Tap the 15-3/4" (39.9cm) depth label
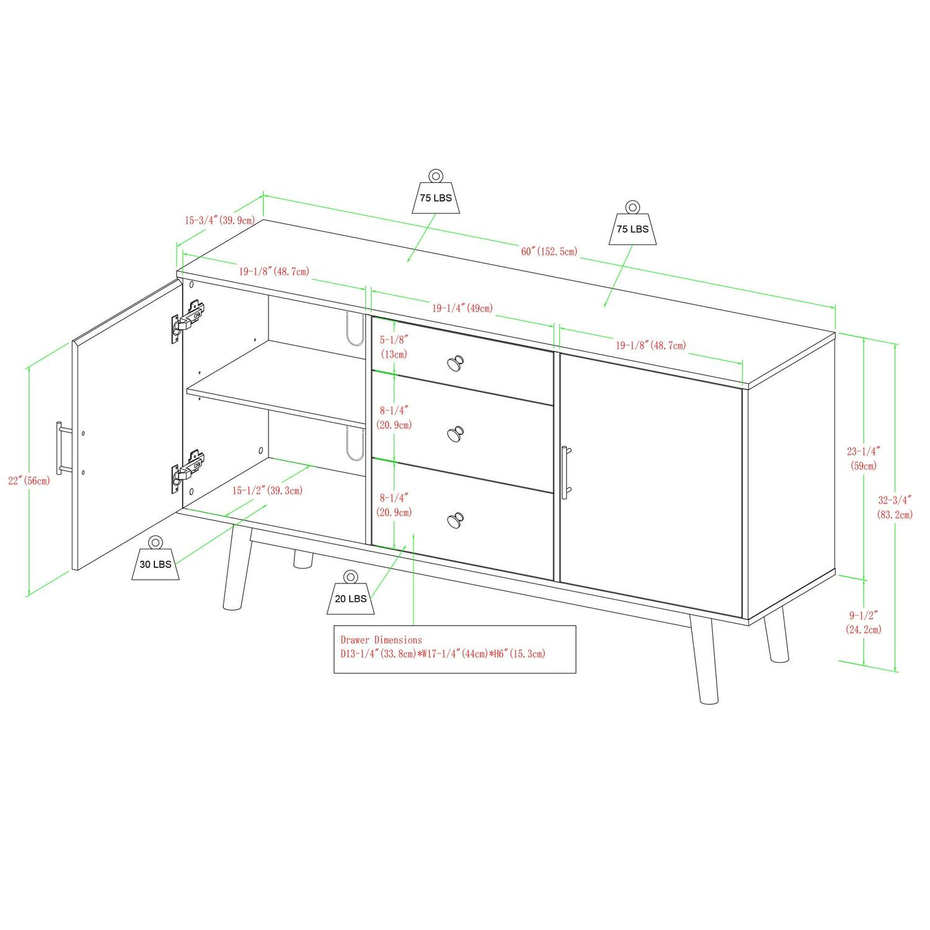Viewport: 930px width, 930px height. pos(219,220)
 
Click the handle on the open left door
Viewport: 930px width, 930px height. pos(60,448)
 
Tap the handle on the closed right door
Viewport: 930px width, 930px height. pos(565,472)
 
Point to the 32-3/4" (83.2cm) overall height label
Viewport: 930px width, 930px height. pos(895,507)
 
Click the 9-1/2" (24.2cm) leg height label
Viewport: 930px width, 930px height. pos(864,622)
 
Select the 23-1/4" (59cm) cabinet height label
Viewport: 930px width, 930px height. pos(863,459)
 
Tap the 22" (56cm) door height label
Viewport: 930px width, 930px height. pos(29,480)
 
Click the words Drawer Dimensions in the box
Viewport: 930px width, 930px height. pos(381,640)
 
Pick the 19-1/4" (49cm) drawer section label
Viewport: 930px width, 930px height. pos(463,308)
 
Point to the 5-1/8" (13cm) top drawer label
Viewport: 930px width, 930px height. pos(394,347)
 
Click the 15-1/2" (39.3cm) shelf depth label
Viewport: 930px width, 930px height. pos(267,490)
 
